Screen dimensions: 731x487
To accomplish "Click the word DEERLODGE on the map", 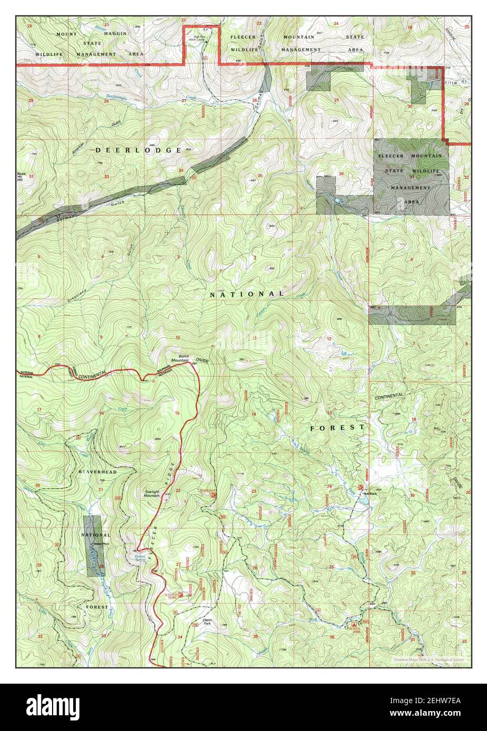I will tap(139, 150).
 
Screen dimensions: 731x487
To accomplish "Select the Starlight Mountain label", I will tap(152, 494).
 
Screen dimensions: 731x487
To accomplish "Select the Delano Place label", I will tap(100, 544).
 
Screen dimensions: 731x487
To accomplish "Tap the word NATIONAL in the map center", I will tap(247, 295).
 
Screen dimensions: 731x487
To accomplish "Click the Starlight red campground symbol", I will tap(214, 495).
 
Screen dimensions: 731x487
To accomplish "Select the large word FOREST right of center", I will tap(337, 428).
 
